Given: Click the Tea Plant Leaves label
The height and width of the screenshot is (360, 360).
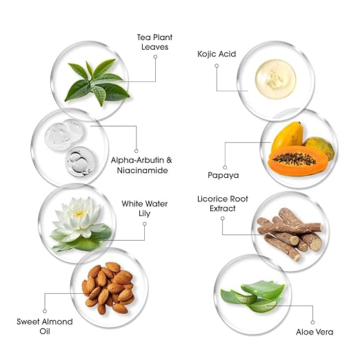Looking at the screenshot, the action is (154, 42).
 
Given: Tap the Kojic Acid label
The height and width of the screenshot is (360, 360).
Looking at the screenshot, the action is (217, 54).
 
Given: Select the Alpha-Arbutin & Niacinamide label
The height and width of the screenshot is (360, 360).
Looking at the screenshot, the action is (141, 165).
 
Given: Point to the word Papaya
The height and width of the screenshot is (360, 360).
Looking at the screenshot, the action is (223, 175).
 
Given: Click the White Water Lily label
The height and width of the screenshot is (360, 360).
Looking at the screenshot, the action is (145, 208).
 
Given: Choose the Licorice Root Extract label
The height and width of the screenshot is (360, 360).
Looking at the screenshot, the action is (223, 203).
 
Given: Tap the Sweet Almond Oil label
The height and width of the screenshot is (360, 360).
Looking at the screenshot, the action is (45, 326).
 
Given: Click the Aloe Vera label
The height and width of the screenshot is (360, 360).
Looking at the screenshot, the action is (314, 332).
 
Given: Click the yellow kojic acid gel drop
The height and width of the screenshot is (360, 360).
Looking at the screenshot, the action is (275, 79).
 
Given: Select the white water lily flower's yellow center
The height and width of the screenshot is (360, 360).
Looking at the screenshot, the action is (79, 214).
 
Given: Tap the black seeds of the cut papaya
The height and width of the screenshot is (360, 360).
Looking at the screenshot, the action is (294, 159).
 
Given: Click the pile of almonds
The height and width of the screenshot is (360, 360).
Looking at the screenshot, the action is (108, 288).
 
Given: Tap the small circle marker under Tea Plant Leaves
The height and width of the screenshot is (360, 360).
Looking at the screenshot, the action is (155, 57).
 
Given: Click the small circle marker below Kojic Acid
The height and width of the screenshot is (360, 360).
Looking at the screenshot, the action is (217, 66).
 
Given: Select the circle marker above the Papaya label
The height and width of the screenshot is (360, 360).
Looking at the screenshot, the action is (225, 168).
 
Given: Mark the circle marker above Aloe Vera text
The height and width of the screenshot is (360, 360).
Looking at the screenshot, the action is (312, 322).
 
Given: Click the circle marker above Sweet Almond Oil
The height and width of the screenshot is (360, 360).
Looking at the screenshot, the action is (45, 311).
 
